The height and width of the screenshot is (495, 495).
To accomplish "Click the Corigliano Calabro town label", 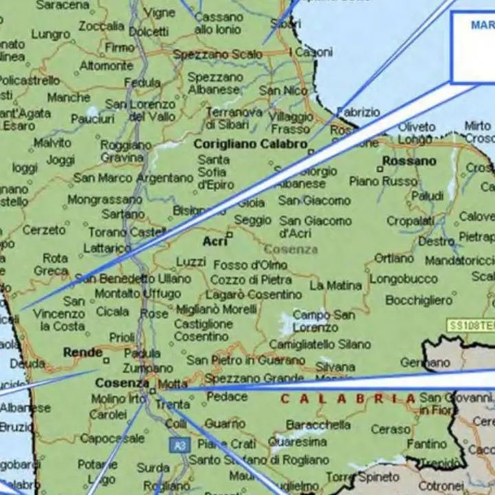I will click(250, 144).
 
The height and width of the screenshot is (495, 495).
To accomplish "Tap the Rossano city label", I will click(410, 161).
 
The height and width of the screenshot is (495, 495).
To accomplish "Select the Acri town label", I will click(214, 241).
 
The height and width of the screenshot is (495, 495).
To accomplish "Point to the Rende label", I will click(82, 353).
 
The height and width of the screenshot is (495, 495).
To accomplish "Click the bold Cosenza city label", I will click(122, 383).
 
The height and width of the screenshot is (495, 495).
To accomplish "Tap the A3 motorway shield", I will click(179, 445).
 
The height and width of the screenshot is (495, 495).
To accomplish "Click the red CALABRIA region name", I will click(348, 399).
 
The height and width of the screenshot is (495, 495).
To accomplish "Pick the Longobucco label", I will click(404, 278).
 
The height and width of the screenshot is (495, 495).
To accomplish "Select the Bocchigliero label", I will click(419, 300).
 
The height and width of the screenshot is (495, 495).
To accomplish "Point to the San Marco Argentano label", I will click(133, 178).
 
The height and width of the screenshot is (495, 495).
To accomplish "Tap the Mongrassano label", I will click(104, 200).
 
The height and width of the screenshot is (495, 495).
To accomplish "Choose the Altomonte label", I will click(107, 66).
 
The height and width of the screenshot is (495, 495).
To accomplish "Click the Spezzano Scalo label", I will click(217, 54).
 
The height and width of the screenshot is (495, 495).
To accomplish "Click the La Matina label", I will click(335, 285).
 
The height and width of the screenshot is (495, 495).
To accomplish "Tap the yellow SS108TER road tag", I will click(470, 325).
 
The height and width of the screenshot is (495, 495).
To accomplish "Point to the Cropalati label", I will click(410, 221).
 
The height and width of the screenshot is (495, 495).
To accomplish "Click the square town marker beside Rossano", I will click(379, 168).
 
